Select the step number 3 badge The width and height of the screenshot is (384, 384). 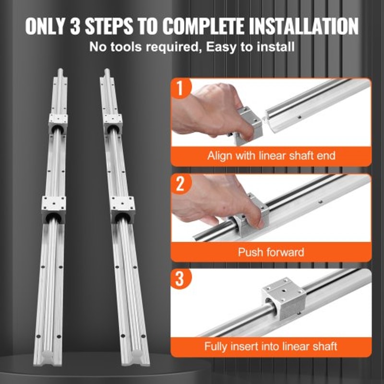(x=180, y=279)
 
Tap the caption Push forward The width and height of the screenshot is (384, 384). (x=271, y=252)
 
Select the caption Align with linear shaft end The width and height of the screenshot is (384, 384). (x=271, y=156)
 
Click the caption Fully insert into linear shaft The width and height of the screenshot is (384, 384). (x=271, y=346)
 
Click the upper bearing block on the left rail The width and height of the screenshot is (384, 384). (x=58, y=123)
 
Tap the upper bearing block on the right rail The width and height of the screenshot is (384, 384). (x=112, y=124)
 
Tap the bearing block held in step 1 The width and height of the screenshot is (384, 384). (x=247, y=124)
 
